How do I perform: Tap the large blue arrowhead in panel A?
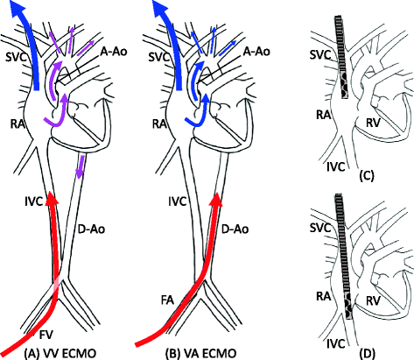pos(27,12)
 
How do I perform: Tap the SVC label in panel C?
pos(319,53)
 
